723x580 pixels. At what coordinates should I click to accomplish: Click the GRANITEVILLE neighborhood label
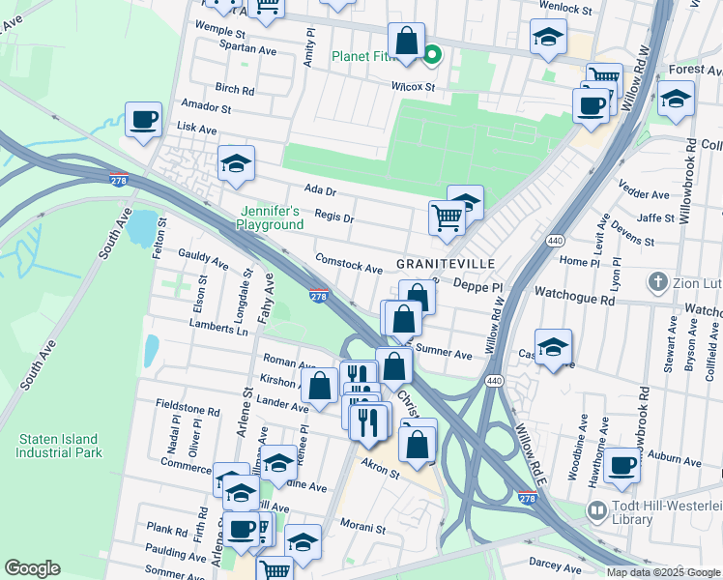[445, 264]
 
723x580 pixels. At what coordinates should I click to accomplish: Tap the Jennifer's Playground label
[270, 217]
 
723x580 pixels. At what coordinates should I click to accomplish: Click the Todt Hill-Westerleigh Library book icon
[596, 508]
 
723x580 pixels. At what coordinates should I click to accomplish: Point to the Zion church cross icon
[657, 282]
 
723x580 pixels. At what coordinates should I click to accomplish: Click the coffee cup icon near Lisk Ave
[144, 120]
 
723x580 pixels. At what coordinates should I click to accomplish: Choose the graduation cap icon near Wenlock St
[548, 37]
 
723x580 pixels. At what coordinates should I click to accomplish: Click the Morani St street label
[362, 529]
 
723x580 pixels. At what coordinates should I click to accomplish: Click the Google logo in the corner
[32, 568]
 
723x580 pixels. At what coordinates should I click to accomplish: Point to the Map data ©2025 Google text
[662, 572]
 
